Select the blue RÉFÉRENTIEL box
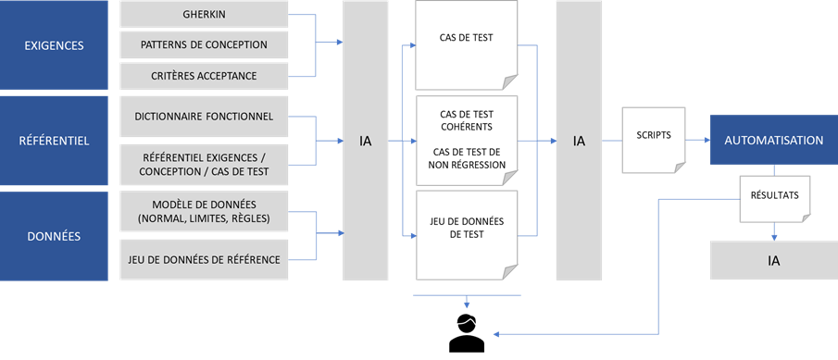pyautogui.click(x=54, y=141)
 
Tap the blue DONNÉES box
pyautogui.click(x=54, y=236)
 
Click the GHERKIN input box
pyautogui.click(x=204, y=15)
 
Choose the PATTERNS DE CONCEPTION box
pyautogui.click(x=204, y=44)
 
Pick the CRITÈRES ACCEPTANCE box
pyautogui.click(x=204, y=75)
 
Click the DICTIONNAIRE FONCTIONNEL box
pyautogui.click(x=204, y=117)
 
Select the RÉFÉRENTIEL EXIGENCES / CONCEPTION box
pyautogui.click(x=204, y=165)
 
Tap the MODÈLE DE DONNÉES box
pyautogui.click(x=204, y=212)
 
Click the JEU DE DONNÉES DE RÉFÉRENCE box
pyautogui.click(x=204, y=259)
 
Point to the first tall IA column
pyautogui.click(x=366, y=141)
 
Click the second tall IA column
pyautogui.click(x=579, y=141)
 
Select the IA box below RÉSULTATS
pyautogui.click(x=773, y=261)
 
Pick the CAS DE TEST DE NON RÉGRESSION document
pyautogui.click(x=466, y=140)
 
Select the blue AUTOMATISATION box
pyautogui.click(x=773, y=141)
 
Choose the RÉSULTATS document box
pyautogui.click(x=774, y=197)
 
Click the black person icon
pyautogui.click(x=467, y=334)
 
